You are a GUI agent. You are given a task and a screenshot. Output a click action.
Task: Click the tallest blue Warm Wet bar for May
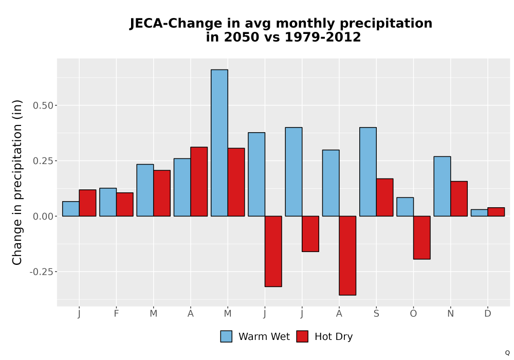click(x=219, y=143)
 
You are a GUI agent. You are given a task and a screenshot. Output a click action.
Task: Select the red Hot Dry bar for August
click(x=347, y=256)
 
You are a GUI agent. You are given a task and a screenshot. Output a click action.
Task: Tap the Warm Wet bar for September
click(x=368, y=172)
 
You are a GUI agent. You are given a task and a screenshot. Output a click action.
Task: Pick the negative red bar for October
click(x=421, y=238)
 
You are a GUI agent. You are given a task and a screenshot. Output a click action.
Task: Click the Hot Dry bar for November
click(x=459, y=199)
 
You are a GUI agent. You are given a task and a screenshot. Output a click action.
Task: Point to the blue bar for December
click(x=479, y=213)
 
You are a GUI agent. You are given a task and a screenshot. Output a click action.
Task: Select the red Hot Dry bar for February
click(x=124, y=204)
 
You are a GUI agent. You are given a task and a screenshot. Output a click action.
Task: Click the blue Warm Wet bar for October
click(x=405, y=207)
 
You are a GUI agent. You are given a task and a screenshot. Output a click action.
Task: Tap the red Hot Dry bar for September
click(x=384, y=197)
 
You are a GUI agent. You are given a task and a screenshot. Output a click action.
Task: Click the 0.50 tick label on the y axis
click(x=43, y=105)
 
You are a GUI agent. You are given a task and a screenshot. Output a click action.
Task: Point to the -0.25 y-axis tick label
click(x=41, y=272)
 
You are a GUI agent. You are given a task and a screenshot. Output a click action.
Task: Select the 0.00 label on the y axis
click(x=43, y=217)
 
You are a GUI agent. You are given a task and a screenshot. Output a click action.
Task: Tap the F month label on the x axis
click(x=116, y=314)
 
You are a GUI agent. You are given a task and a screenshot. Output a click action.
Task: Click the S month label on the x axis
click(x=376, y=314)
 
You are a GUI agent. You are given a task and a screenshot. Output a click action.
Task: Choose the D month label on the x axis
click(x=488, y=314)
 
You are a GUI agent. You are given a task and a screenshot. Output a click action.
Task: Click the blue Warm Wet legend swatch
click(x=226, y=336)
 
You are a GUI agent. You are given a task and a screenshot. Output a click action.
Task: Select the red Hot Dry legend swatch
click(x=302, y=336)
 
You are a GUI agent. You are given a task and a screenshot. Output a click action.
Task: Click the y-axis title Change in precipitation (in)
click(x=17, y=182)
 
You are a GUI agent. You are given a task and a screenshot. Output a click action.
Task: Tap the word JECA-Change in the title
click(x=176, y=24)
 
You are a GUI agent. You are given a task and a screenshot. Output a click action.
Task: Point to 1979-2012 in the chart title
click(x=323, y=37)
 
